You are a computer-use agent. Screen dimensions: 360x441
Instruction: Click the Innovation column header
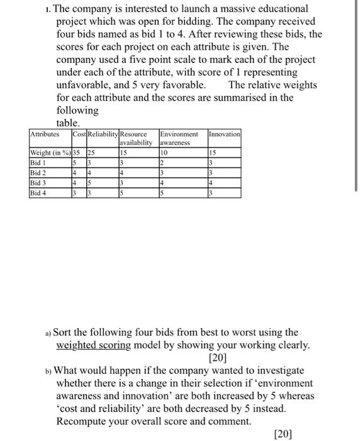[225, 134]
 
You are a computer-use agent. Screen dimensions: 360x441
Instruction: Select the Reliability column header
[102, 134]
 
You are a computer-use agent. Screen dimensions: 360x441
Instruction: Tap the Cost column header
[79, 134]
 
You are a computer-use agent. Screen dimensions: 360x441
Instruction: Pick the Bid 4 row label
[39, 192]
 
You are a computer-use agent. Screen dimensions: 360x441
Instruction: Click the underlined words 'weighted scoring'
[94, 345]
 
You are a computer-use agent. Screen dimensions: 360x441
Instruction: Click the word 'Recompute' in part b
[84, 421]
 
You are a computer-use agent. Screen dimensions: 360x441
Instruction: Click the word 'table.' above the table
[68, 123]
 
